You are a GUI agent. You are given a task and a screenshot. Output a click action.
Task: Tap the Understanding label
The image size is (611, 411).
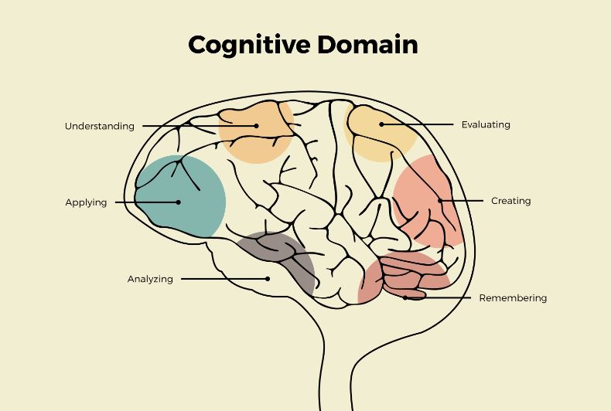coord(99,126)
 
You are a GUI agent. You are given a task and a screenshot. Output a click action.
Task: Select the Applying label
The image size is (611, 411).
coord(86,202)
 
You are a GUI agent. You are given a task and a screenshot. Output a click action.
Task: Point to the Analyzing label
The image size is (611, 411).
coord(150,279)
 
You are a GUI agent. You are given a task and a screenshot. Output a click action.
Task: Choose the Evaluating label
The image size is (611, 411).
coord(486,124)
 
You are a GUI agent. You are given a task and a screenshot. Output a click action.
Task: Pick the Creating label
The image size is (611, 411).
coord(510,201)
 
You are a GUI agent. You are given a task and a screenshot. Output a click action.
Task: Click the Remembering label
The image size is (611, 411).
coord(513,297)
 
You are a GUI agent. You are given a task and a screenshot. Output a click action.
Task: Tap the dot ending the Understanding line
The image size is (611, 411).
coord(256,125)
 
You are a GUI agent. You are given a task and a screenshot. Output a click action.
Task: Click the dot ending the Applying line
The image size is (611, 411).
coord(179,202)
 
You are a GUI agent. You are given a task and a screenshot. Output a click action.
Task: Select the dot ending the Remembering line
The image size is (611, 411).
coord(404,297)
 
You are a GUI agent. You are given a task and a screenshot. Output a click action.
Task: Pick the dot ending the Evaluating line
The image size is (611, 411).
coord(381,124)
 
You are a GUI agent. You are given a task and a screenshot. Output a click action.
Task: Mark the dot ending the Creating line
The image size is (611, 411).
coord(440,201)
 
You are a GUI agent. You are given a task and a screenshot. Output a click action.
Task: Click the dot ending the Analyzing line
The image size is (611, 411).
coord(268,279)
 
